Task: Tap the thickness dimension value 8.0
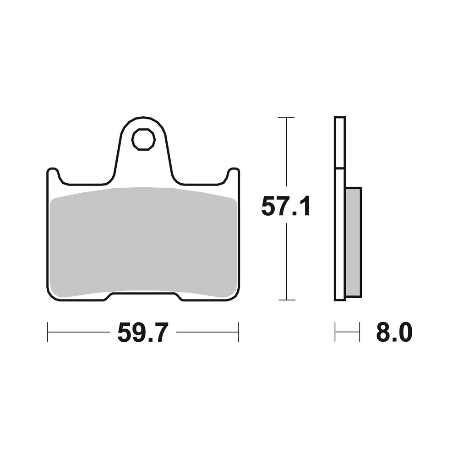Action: pos(394,333)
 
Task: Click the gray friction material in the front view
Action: pos(143,243)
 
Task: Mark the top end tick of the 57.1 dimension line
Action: pos(286,118)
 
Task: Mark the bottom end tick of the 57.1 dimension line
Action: pos(286,300)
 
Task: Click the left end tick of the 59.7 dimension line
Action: pos(48,332)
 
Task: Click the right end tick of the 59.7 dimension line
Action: pos(238,332)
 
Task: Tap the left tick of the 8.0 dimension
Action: pos(335,332)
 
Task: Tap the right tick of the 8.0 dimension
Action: pos(360,332)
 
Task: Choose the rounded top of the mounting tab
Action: pos(143,118)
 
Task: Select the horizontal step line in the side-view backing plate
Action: pos(340,169)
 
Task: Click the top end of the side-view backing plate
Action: pos(340,118)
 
